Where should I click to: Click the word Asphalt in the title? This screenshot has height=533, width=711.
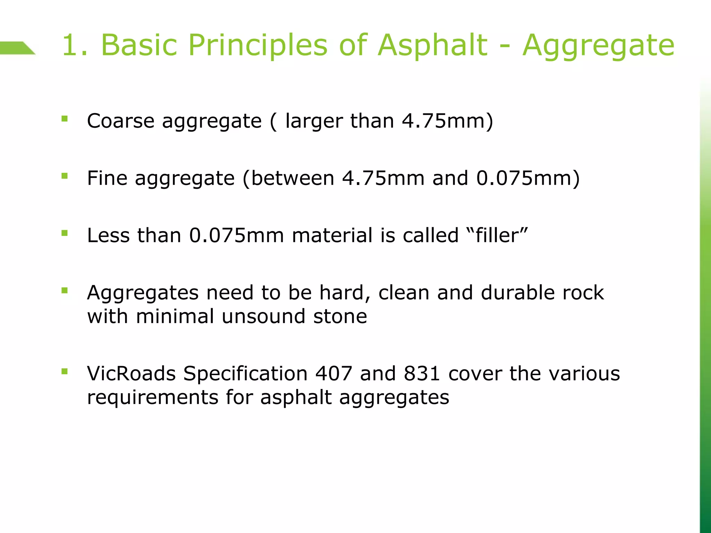pos(433,45)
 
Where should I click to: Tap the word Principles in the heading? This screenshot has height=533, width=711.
pos(258,45)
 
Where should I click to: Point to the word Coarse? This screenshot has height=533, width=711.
pos(120,121)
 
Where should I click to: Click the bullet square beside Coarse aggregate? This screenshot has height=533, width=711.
pos(64,119)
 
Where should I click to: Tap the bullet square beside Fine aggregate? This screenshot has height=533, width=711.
pos(64,176)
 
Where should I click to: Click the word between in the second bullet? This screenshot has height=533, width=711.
pos(292,178)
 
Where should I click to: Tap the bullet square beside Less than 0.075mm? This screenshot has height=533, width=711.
pos(64,233)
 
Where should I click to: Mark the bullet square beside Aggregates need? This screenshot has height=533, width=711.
pos(64,290)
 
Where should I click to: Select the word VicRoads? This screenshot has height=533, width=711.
pos(131,374)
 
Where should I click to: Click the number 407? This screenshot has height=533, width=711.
pos(334,374)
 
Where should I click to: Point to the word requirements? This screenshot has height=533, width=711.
pos(153,398)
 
